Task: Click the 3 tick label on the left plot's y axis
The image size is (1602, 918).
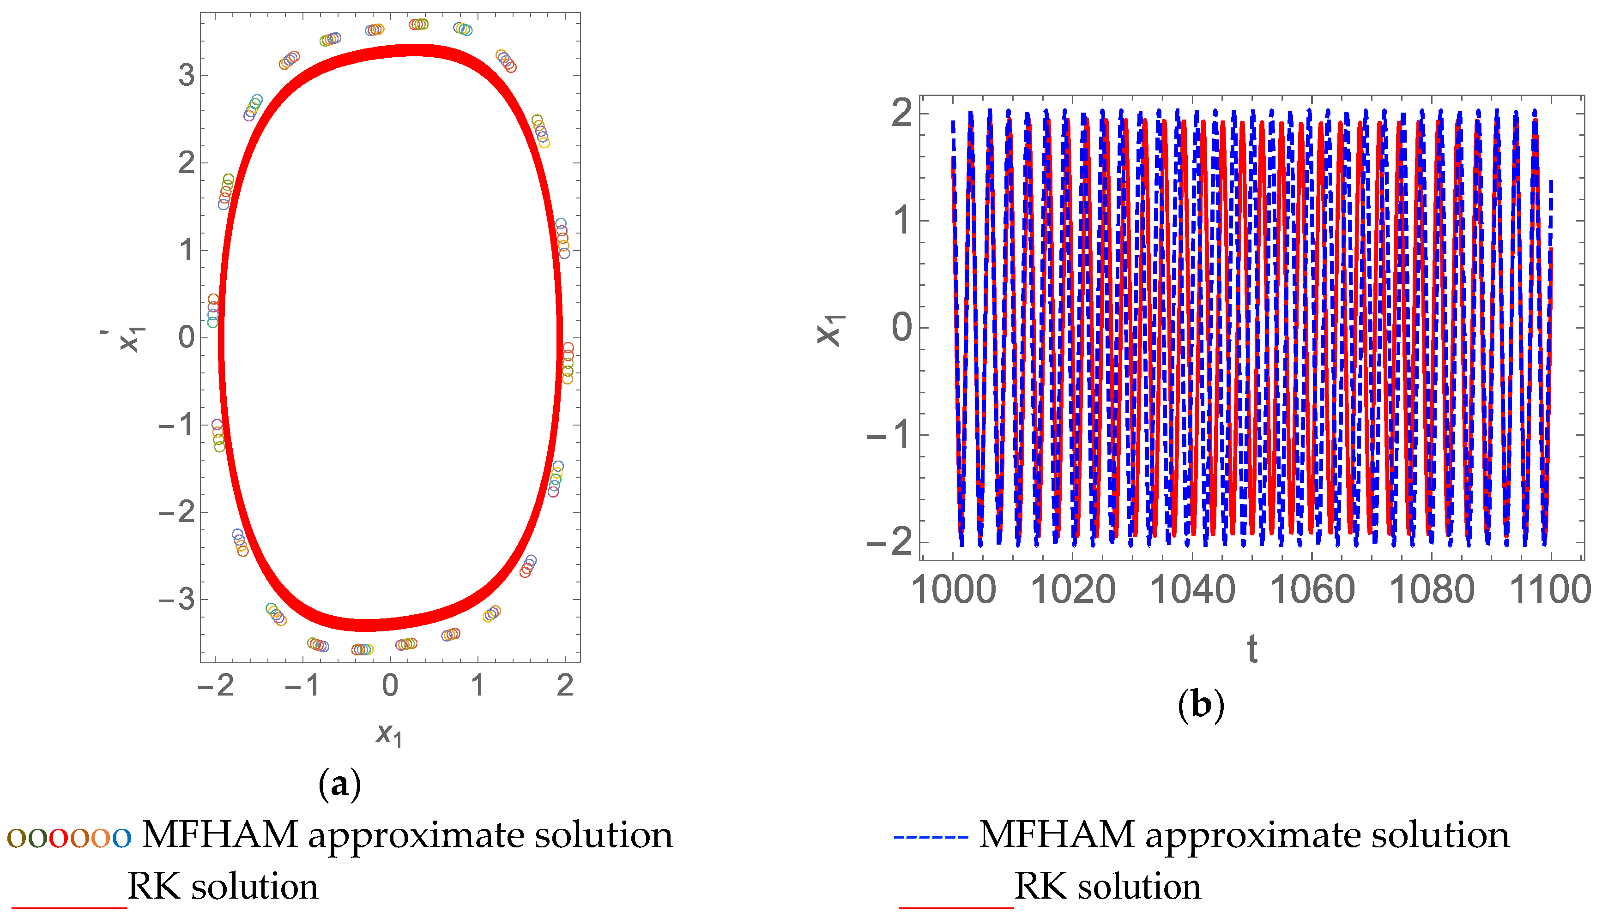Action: coord(187,76)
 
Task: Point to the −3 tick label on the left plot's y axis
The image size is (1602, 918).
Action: coord(177,599)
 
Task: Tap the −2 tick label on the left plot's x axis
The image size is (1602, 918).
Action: coord(216,685)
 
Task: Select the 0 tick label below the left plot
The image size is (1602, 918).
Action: coord(390,685)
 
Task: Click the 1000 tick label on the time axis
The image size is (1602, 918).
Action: coord(953,590)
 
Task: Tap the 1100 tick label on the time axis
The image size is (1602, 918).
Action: coord(1550,590)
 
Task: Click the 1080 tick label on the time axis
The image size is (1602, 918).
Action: coord(1432,590)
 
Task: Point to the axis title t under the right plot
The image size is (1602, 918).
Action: coord(1252,649)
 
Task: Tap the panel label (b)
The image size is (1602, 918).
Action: coord(1201,705)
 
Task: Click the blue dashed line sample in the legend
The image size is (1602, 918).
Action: coord(930,837)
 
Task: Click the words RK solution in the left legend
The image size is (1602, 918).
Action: coord(223,887)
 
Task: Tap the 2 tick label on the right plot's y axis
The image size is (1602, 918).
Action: coord(902,114)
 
